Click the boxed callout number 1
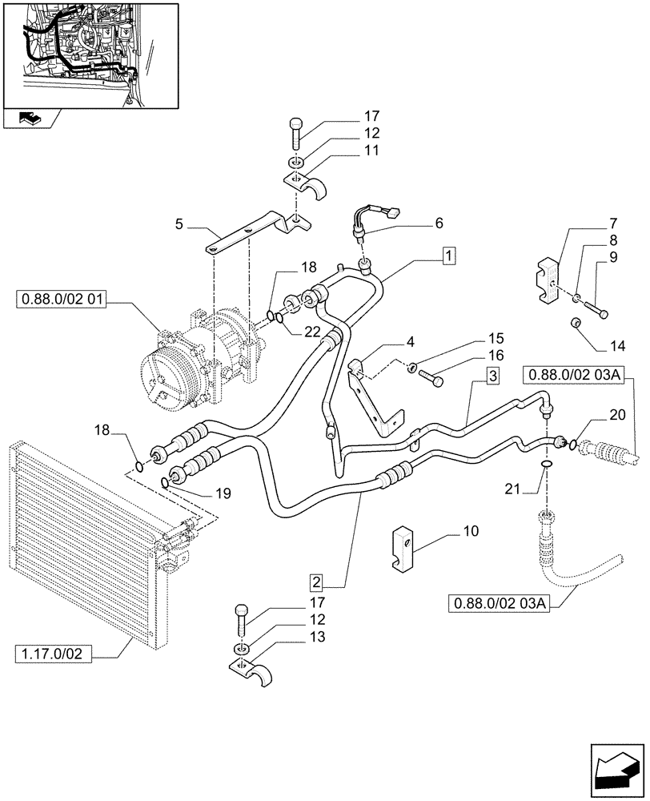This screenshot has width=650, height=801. coord(449,256)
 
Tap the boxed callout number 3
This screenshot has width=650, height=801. coord(492,375)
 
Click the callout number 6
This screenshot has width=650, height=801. coord(438,223)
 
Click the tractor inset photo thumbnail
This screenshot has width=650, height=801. coord(89,54)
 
